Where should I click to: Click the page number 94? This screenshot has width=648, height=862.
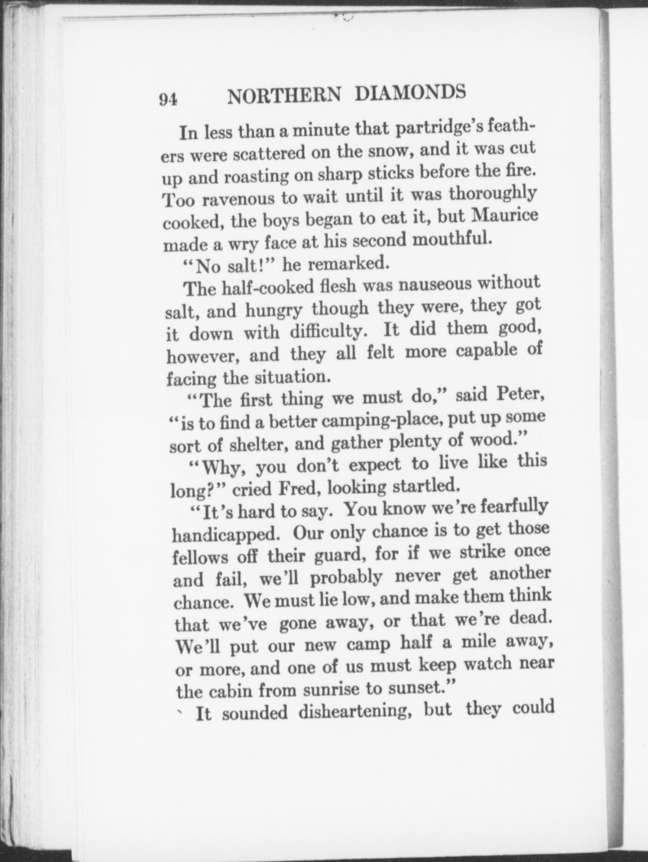(x=168, y=99)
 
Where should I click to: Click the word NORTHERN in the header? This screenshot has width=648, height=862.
(x=284, y=96)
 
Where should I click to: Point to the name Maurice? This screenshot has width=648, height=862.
(x=505, y=215)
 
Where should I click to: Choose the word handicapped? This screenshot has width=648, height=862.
(x=225, y=535)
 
